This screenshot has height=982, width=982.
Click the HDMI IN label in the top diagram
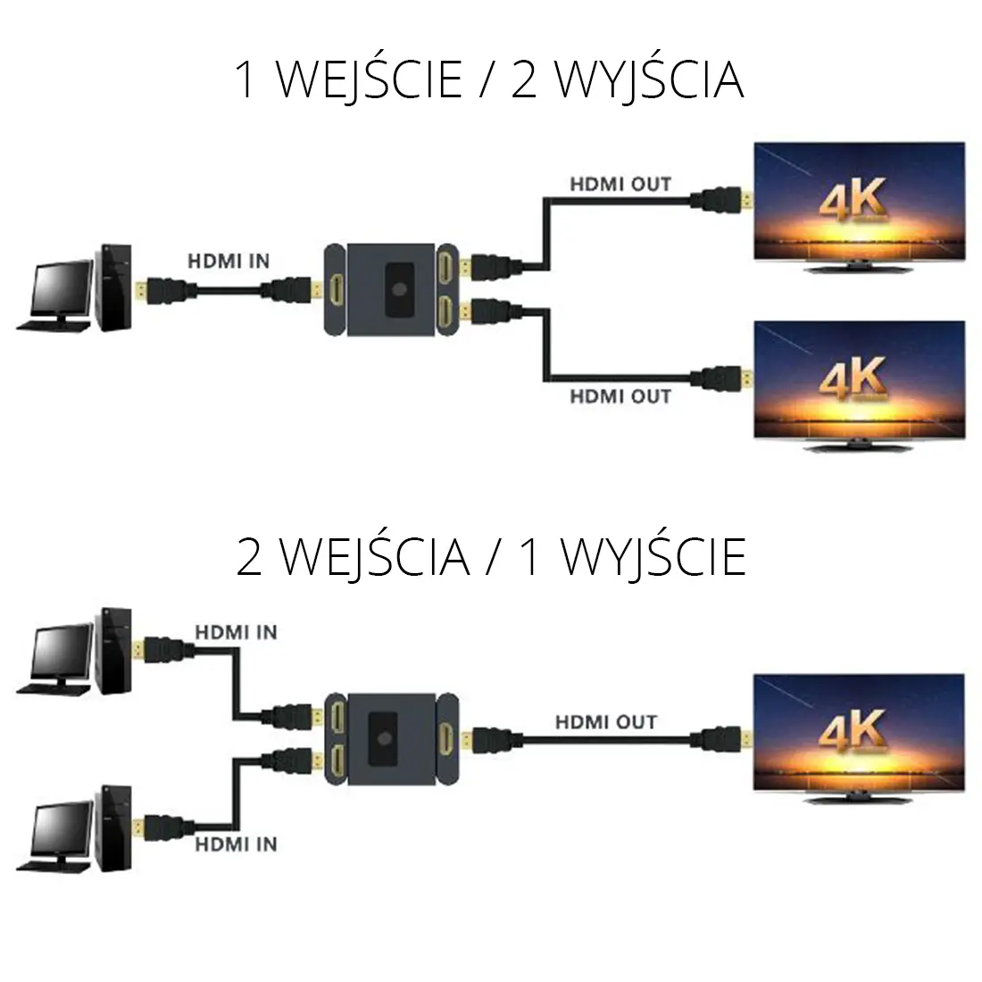tap(228, 262)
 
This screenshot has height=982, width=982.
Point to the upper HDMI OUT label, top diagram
tap(620, 185)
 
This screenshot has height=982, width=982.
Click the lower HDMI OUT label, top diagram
tap(620, 395)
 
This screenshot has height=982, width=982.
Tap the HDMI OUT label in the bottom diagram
tap(606, 721)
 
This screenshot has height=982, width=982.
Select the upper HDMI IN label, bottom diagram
tap(237, 632)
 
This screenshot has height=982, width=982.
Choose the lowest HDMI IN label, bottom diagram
tap(237, 844)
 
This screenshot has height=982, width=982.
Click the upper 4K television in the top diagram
tap(860, 205)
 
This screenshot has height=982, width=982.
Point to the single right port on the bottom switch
tap(446, 738)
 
